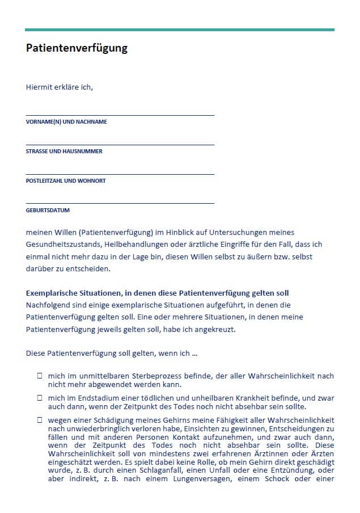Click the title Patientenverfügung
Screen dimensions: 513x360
click(77, 48)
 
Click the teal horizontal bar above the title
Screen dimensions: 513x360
click(179, 30)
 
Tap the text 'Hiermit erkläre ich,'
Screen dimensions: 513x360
click(59, 87)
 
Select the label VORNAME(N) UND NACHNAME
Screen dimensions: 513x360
click(66, 122)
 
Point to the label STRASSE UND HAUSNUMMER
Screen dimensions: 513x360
click(64, 152)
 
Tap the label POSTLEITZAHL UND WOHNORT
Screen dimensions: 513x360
click(66, 181)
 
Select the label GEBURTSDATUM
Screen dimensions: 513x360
click(48, 211)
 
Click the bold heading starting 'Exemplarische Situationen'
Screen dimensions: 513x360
click(157, 293)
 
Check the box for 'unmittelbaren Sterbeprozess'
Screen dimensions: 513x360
click(40, 376)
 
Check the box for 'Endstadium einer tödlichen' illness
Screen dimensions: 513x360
click(40, 399)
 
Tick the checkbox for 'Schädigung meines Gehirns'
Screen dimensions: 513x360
click(40, 419)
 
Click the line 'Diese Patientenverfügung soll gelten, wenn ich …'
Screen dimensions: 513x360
click(112, 353)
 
